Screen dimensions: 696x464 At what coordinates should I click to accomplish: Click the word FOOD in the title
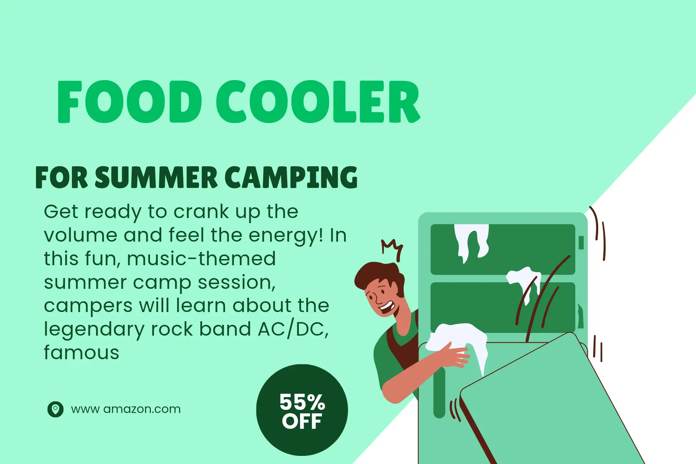[x=130, y=102]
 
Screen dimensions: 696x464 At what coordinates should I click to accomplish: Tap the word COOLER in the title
[x=318, y=102]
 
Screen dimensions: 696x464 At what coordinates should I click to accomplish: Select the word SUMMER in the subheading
[x=156, y=178]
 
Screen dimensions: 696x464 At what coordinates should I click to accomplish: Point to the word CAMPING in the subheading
[x=291, y=178]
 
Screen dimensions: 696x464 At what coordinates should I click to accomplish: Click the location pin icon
[x=55, y=409]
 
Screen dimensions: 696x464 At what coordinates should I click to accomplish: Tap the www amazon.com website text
[x=126, y=409]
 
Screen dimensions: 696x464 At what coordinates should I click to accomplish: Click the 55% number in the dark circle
[x=302, y=402]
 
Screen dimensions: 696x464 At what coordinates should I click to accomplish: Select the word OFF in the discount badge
[x=302, y=421]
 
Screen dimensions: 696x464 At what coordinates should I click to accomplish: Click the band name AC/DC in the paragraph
[x=293, y=329]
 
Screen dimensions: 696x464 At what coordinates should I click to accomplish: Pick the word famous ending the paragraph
[x=82, y=353]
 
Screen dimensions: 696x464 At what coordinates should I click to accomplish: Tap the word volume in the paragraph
[x=80, y=235]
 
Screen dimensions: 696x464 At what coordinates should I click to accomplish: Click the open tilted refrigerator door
[x=549, y=402]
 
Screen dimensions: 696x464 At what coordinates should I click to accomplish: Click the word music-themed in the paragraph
[x=201, y=259]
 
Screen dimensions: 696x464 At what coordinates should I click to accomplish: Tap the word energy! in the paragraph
[x=286, y=235]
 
